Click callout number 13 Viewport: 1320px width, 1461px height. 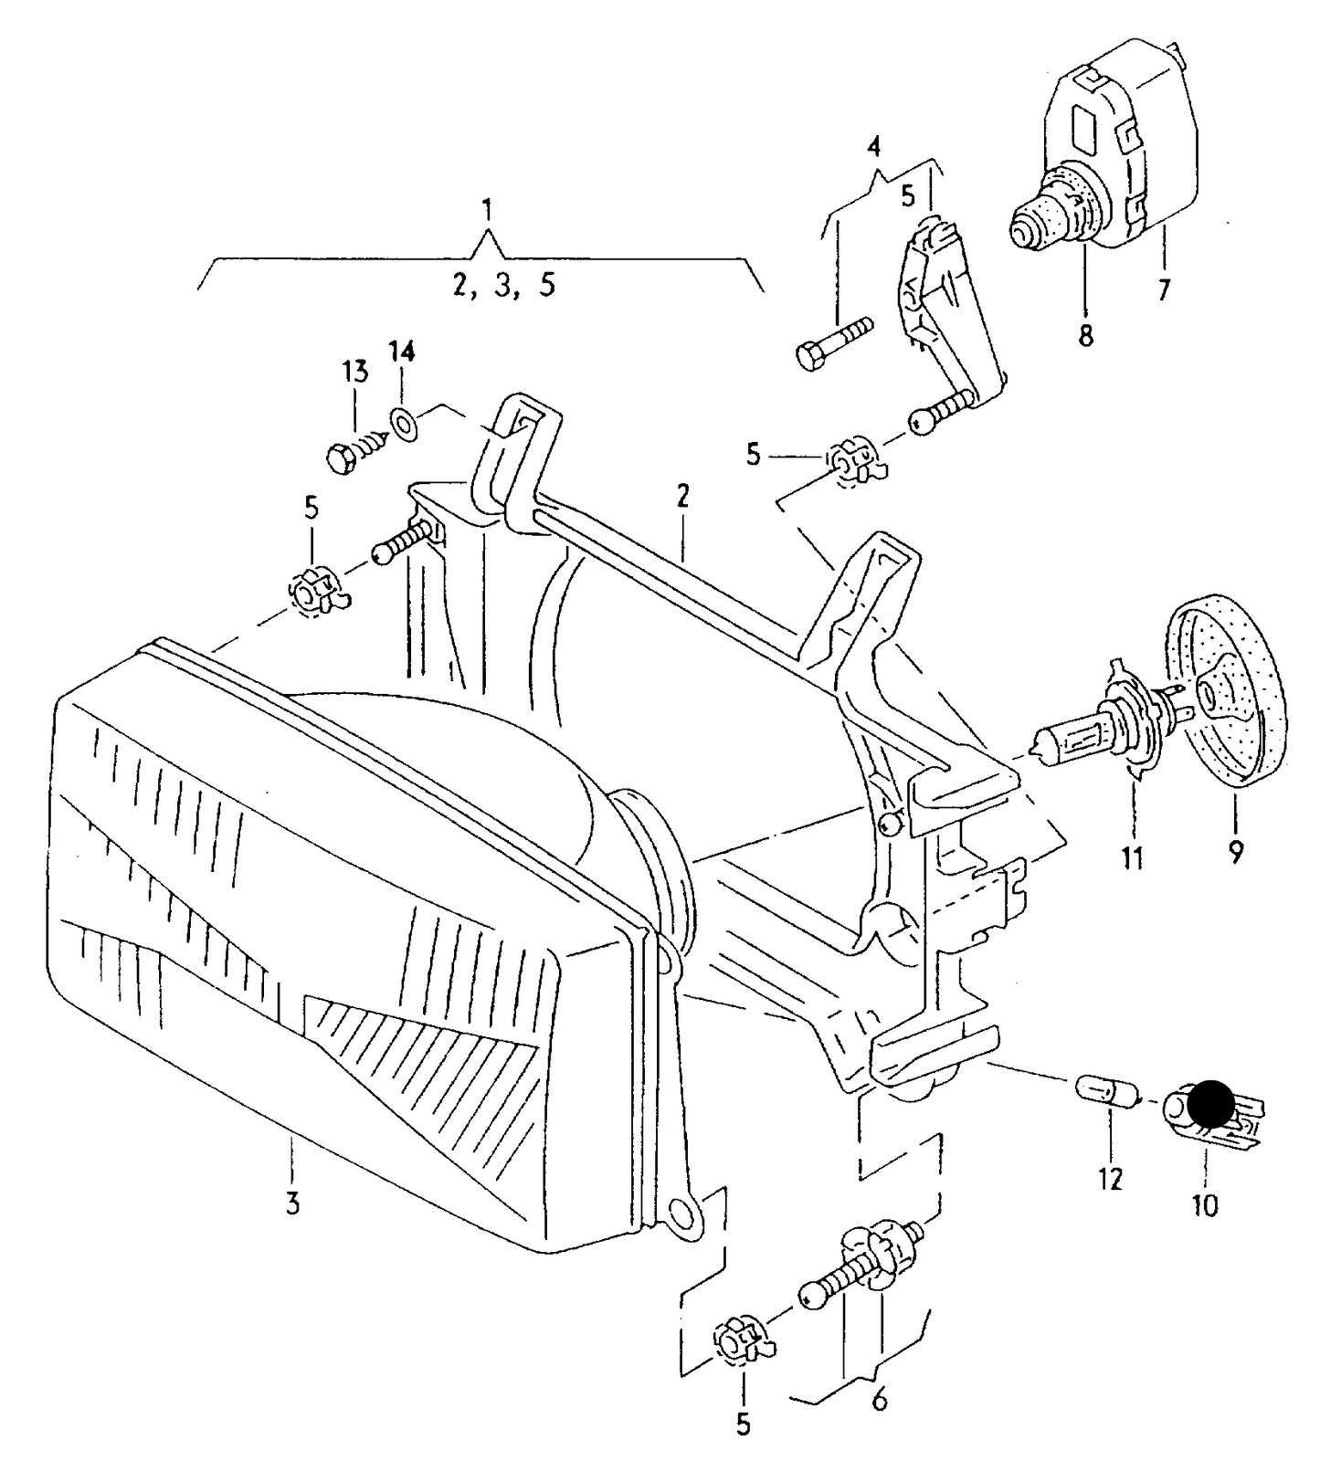(355, 373)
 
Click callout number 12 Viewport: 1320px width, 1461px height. (1110, 1179)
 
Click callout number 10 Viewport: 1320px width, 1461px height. (1205, 1206)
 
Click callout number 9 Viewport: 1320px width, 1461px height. (1235, 852)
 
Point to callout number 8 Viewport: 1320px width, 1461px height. (1084, 336)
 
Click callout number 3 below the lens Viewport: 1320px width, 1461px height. (292, 1203)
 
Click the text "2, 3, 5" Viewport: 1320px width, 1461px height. (503, 286)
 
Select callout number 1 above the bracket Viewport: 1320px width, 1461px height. (487, 212)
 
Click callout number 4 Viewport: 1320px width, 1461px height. (874, 146)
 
